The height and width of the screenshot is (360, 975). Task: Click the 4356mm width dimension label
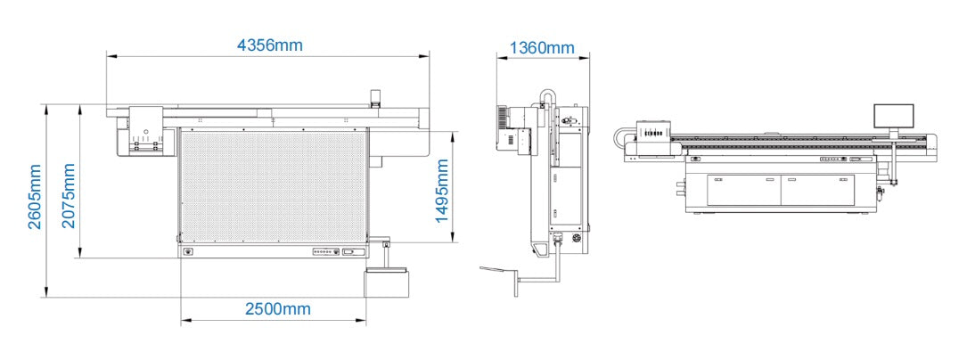click(x=270, y=45)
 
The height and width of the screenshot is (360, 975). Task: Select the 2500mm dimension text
click(x=278, y=309)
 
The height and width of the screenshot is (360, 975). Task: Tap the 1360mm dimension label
click(x=542, y=48)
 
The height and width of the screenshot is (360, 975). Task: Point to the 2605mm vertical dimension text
click(x=34, y=196)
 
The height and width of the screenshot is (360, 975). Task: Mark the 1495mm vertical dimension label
click(x=441, y=191)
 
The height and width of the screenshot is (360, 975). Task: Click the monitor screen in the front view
click(x=894, y=117)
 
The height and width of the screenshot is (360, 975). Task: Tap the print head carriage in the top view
click(x=147, y=131)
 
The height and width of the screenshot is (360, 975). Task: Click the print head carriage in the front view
click(x=653, y=131)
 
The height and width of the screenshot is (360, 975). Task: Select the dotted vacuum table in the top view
click(x=273, y=187)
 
